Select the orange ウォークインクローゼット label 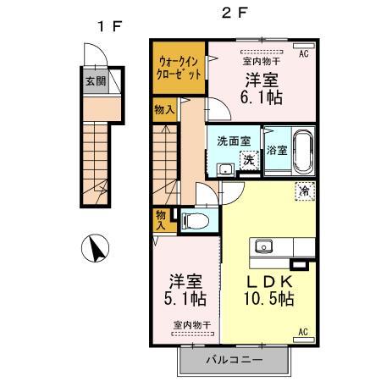[179, 68]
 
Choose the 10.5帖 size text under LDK [271, 299]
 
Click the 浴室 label [276, 151]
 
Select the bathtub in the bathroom [302, 151]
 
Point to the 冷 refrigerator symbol [302, 191]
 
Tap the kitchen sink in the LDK [263, 247]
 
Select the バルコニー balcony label [235, 360]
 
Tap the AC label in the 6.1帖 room [303, 53]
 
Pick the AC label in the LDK [302, 332]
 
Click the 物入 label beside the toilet [161, 220]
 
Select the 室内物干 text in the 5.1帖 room [192, 324]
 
